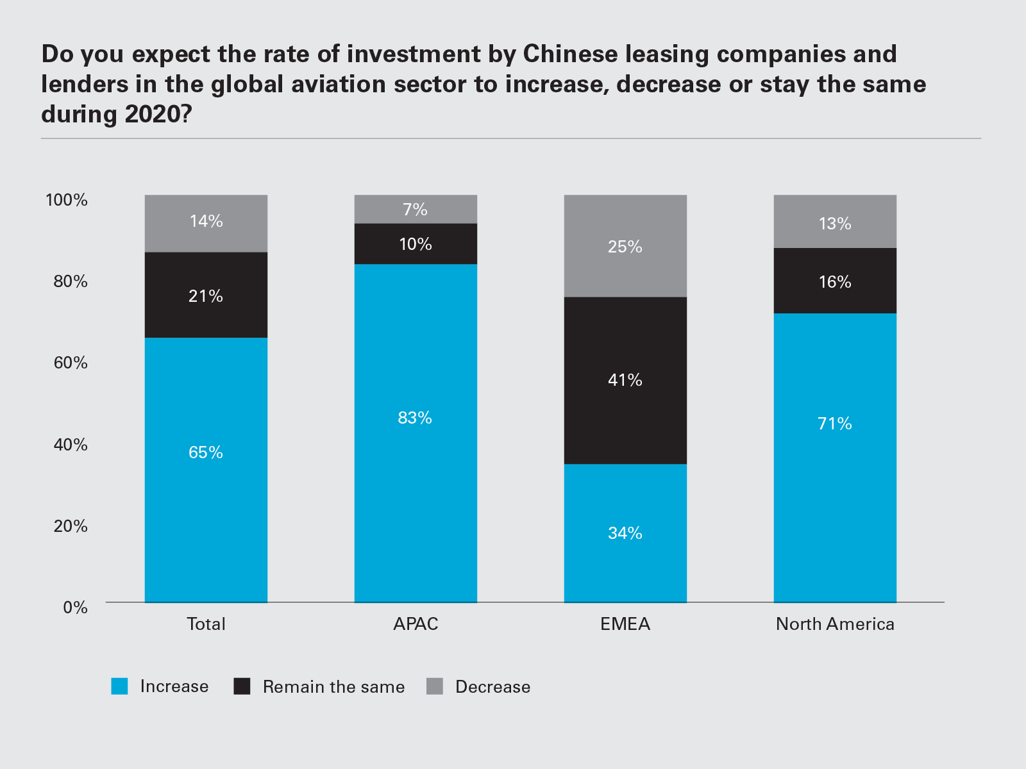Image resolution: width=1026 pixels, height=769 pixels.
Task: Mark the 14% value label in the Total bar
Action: (x=206, y=221)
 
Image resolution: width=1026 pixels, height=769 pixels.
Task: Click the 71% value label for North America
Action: (x=835, y=424)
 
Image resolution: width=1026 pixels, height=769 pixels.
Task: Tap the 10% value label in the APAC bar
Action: (x=416, y=244)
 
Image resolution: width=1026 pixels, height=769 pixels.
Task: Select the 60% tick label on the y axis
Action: (x=71, y=363)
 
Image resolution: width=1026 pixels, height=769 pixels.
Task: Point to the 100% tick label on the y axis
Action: (x=67, y=200)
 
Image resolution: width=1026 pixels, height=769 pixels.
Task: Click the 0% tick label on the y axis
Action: (x=75, y=608)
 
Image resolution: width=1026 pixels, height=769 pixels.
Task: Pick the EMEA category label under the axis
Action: (x=625, y=624)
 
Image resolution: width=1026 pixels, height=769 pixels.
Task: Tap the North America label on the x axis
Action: (x=835, y=624)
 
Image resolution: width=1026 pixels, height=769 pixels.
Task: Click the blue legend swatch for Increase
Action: (x=120, y=686)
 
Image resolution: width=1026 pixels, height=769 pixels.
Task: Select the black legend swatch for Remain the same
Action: (x=242, y=686)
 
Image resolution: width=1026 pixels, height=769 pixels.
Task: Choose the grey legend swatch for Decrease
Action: (x=435, y=686)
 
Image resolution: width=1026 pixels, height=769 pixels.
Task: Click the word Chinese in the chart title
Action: (x=571, y=54)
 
